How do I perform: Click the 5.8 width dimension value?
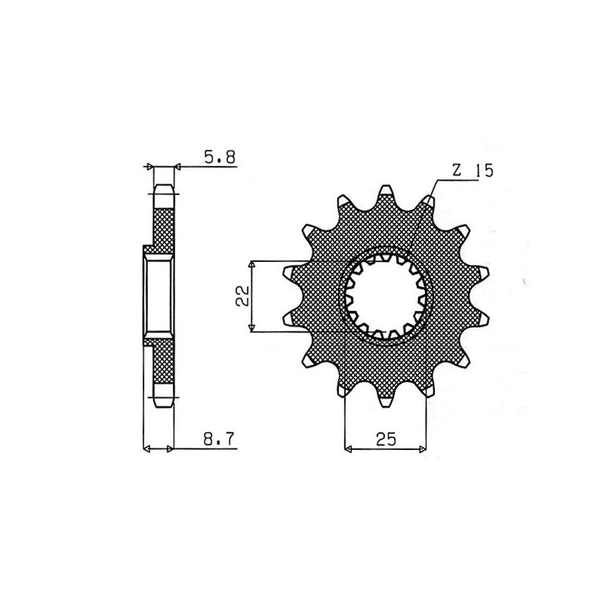click(x=220, y=157)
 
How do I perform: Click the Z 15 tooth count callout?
click(x=472, y=171)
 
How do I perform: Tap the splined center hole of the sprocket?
click(x=387, y=296)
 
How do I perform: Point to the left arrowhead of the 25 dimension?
click(x=348, y=449)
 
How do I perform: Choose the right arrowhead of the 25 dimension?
click(x=423, y=449)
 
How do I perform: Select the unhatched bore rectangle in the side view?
click(x=159, y=296)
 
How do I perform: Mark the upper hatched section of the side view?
click(x=164, y=225)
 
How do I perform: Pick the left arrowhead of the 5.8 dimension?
click(x=149, y=165)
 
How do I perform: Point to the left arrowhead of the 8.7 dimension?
click(x=147, y=449)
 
